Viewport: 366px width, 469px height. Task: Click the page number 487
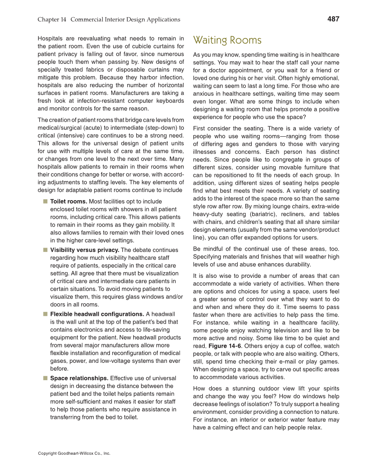tap(333, 19)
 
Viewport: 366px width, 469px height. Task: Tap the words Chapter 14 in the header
tap(52, 19)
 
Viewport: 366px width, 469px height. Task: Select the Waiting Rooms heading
tap(227, 41)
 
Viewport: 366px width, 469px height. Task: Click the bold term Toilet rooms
tap(69, 201)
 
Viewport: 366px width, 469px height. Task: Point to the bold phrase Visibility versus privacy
tap(85, 250)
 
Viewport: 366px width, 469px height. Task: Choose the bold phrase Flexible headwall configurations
tap(97, 314)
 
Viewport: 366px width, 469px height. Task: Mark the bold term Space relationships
tap(79, 378)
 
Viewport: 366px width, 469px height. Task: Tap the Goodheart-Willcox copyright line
tap(74, 453)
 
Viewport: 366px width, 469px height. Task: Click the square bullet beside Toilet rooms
tap(45, 201)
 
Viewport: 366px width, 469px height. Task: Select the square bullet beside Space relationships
tap(45, 378)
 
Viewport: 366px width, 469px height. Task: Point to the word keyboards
tap(169, 101)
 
